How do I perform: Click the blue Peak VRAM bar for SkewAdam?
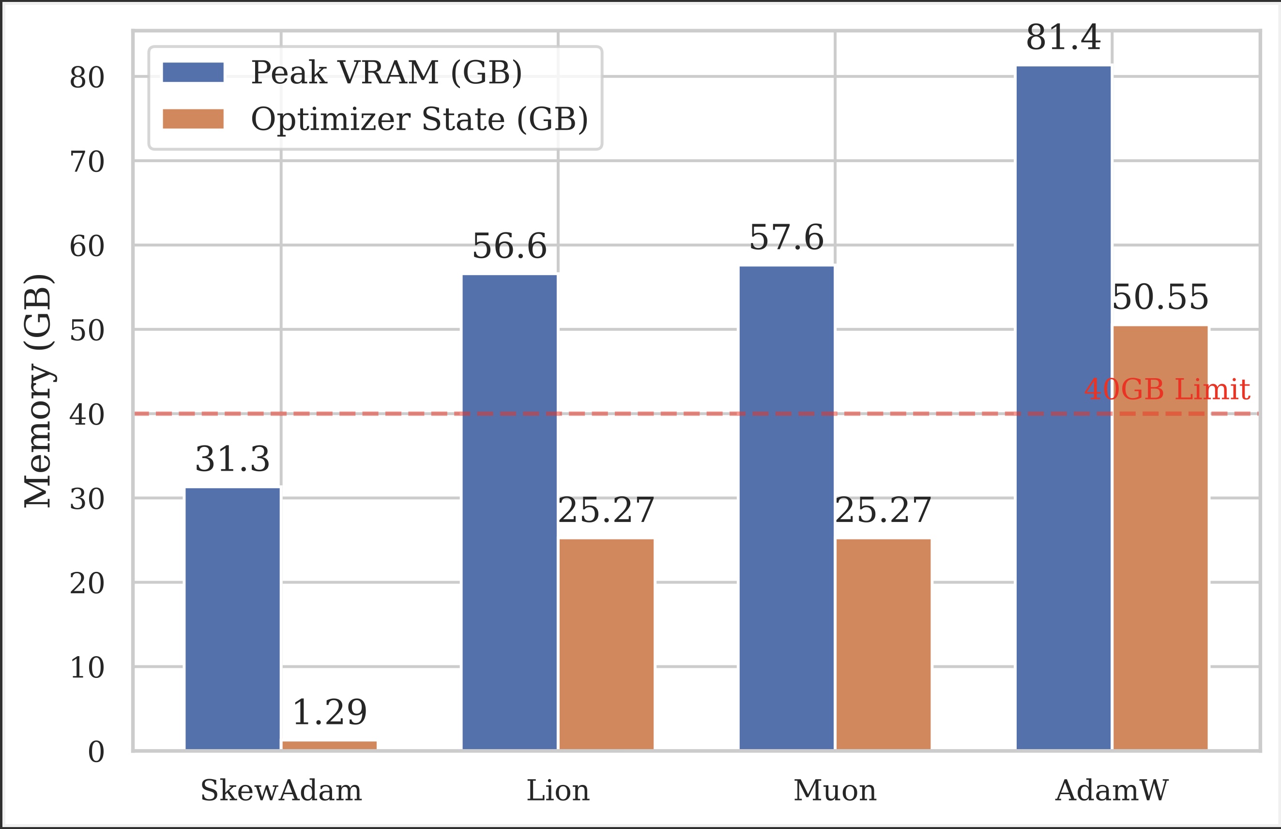click(232, 618)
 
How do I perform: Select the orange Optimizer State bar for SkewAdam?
click(329, 745)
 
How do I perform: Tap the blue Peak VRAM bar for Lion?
click(510, 512)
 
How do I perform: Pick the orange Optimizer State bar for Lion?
click(607, 644)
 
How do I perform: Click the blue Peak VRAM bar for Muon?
click(787, 507)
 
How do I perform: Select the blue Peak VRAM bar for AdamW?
click(1064, 408)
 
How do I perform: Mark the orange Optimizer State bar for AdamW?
click(1160, 537)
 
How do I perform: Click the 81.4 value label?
click(1064, 38)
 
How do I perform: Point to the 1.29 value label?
click(329, 712)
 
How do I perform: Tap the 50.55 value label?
click(1160, 297)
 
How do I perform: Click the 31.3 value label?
click(232, 459)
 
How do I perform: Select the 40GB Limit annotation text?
click(1167, 389)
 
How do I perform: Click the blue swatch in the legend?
click(193, 72)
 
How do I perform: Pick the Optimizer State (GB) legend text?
click(420, 119)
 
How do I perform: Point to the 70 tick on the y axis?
click(87, 162)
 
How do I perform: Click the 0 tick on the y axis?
click(96, 752)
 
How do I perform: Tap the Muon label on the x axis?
click(835, 791)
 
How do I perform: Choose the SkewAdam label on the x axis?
click(281, 791)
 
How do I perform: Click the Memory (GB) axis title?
click(38, 391)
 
